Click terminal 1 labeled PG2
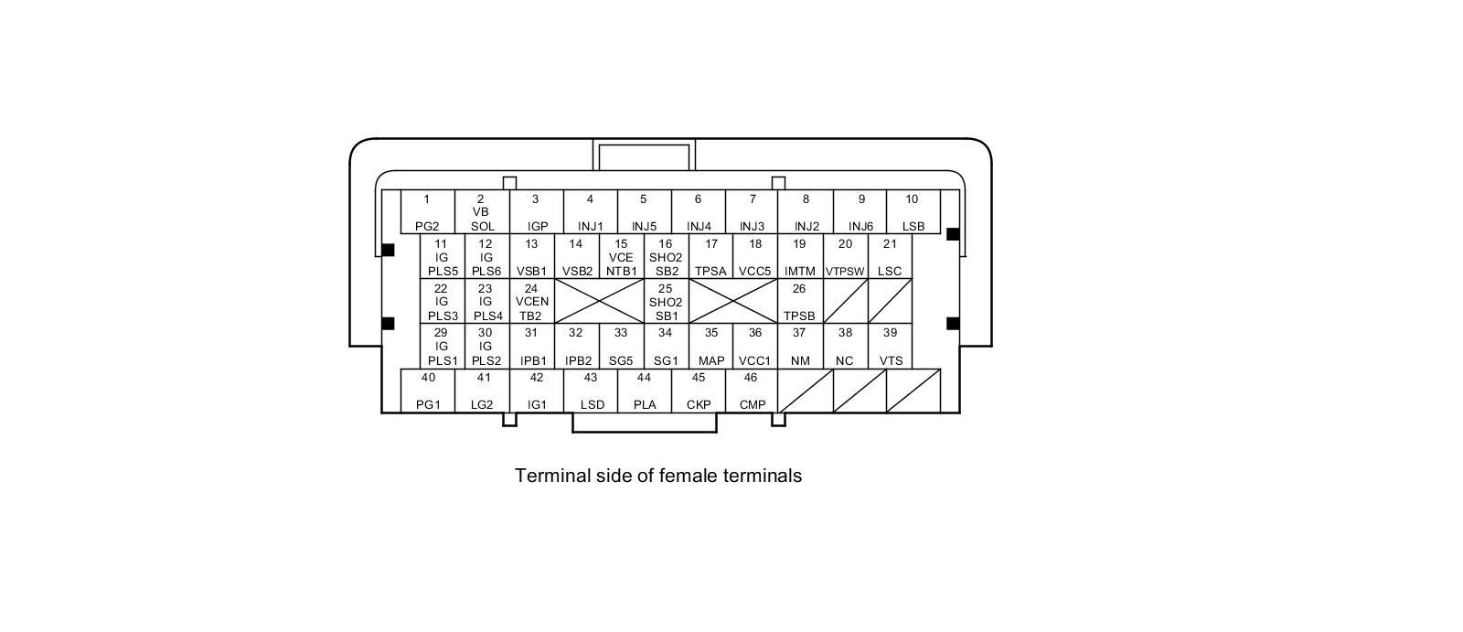coord(427,212)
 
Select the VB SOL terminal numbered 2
coord(482,212)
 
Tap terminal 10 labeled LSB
coord(913,212)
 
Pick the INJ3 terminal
coord(752,212)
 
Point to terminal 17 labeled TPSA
coord(710,257)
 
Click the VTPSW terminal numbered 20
coord(845,257)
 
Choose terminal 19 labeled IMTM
coord(800,257)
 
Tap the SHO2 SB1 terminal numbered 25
coord(666,302)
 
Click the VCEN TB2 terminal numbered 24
coord(531,302)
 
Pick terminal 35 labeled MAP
coord(710,347)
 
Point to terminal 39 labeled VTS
coord(890,347)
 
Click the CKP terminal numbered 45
coord(699,391)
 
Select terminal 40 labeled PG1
coord(428,391)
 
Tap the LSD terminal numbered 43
coord(591,391)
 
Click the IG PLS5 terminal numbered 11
coord(443,257)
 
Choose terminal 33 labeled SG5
coord(621,347)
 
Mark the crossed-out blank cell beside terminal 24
coord(599,302)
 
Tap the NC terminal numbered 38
coord(845,347)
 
